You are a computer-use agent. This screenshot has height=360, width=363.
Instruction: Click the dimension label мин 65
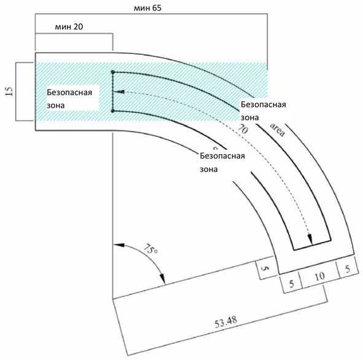click(x=147, y=8)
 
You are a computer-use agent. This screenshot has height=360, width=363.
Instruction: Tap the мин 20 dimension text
click(x=69, y=26)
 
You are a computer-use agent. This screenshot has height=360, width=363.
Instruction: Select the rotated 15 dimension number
click(x=9, y=92)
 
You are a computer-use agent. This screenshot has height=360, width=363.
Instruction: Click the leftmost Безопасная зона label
click(x=69, y=99)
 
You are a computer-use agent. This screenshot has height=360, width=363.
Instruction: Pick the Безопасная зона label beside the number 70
click(x=263, y=111)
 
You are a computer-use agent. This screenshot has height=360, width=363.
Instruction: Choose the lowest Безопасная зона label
click(x=222, y=162)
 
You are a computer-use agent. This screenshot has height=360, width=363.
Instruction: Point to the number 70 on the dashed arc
click(x=243, y=129)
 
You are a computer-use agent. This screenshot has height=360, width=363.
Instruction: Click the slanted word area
click(x=278, y=130)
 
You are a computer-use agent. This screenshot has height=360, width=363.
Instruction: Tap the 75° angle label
click(x=150, y=249)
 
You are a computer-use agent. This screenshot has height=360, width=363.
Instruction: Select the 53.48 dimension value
click(x=225, y=322)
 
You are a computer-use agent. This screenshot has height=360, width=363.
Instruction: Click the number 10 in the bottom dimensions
click(x=319, y=276)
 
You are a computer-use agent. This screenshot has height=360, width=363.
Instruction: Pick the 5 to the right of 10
click(x=348, y=269)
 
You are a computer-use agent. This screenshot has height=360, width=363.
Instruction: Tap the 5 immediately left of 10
click(x=292, y=284)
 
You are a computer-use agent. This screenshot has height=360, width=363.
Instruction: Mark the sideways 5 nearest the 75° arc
click(x=265, y=268)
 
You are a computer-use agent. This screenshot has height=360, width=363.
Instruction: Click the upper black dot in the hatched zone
click(x=113, y=72)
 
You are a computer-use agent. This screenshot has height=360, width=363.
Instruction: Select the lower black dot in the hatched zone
click(x=113, y=111)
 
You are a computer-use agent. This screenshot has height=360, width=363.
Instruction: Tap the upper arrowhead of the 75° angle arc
click(x=119, y=245)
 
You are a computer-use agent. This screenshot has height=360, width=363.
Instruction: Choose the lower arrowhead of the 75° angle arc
click(x=163, y=278)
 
